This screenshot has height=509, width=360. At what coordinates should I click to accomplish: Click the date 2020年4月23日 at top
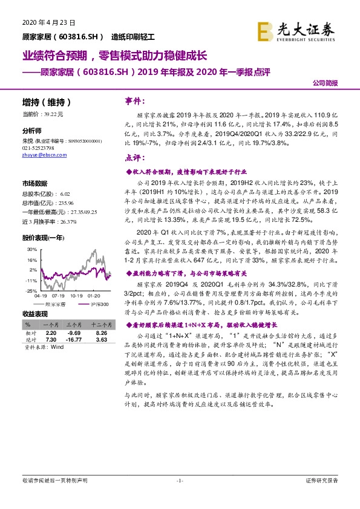tap(44, 22)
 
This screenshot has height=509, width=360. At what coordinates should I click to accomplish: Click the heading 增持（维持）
tap(47, 103)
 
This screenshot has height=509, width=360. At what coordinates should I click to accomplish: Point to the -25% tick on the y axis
tap(30, 291)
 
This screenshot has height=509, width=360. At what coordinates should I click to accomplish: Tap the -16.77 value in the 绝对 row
tap(75, 340)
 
